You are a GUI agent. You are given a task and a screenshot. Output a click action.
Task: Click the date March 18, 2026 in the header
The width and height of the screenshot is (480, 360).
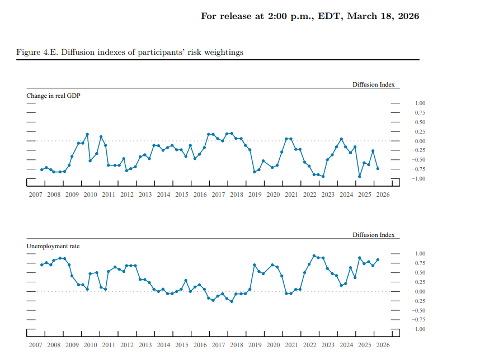[383, 16]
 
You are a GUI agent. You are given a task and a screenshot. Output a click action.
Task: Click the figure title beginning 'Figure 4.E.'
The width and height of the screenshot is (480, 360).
[130, 53]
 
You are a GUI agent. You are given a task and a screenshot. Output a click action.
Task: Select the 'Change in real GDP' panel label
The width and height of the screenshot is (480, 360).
[53, 96]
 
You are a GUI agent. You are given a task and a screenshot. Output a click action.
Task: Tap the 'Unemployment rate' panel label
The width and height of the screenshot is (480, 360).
[53, 246]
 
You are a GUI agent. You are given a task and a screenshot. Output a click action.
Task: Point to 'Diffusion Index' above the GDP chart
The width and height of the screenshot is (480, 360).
[374, 84]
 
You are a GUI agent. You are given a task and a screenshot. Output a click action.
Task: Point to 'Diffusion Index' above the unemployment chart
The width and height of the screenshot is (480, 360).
[374, 235]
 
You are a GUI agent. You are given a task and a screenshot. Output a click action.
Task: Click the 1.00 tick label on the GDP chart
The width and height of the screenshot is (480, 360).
[420, 103]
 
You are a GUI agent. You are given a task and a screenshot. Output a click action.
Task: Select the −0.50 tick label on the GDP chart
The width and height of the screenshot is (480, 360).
[418, 160]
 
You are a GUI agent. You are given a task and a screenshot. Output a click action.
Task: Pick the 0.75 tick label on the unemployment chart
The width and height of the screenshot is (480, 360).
[420, 263]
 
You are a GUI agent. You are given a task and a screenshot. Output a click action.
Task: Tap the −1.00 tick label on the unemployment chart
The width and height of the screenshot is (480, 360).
[418, 329]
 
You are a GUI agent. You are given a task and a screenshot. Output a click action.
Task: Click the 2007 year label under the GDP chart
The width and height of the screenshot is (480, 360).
[35, 195]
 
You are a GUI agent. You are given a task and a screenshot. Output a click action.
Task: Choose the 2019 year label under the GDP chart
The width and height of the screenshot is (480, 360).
[255, 195]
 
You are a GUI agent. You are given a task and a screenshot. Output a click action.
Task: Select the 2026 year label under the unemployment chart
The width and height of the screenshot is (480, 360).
[383, 345]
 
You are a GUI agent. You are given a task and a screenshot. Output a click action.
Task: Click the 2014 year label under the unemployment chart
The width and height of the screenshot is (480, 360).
[163, 345]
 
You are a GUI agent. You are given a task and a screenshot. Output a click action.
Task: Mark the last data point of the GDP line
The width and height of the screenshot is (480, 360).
[378, 168]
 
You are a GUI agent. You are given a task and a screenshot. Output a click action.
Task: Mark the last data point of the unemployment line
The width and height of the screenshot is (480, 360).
[378, 260]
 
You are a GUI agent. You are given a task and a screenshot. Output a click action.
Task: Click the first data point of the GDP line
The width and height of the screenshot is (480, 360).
[42, 170]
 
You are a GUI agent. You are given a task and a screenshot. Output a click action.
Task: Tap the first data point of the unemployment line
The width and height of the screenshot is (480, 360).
[42, 265]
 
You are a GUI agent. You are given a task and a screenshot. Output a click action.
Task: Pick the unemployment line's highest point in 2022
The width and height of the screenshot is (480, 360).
[314, 255]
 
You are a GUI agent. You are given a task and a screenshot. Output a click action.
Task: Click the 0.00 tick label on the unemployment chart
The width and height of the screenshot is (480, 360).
[420, 291]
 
